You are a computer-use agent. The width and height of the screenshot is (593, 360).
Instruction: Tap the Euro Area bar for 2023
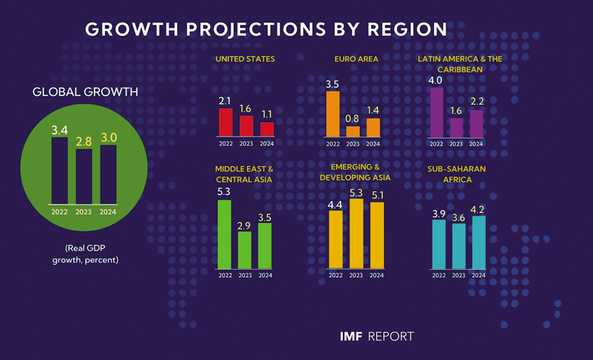[353, 131]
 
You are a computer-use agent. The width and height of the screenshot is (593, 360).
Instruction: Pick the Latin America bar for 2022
[436, 111]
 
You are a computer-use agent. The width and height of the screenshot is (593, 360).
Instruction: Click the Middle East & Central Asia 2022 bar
[225, 234]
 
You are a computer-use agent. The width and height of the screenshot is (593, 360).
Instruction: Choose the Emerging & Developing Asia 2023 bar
[356, 233]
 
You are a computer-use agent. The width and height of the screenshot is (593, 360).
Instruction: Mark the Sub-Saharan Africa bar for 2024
[478, 242]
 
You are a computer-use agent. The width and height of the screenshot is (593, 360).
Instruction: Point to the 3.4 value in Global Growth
[59, 130]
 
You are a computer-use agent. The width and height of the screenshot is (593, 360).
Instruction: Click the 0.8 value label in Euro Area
[353, 119]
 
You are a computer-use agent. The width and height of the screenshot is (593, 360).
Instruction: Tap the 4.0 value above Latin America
[436, 80]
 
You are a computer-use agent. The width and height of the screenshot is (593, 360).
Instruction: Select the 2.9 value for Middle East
[244, 225]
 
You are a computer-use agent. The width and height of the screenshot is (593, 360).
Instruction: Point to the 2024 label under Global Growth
[108, 212]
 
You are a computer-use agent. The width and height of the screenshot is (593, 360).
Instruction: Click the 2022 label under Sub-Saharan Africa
[439, 275]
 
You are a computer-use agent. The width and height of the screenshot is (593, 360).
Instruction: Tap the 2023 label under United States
[246, 144]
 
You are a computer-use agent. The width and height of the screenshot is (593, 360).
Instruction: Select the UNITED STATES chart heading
[245, 59]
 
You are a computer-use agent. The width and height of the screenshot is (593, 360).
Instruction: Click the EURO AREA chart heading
[356, 59]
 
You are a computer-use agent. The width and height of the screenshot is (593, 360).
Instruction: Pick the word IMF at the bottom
[350, 337]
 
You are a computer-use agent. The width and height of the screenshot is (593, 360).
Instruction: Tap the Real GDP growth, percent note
[86, 254]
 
